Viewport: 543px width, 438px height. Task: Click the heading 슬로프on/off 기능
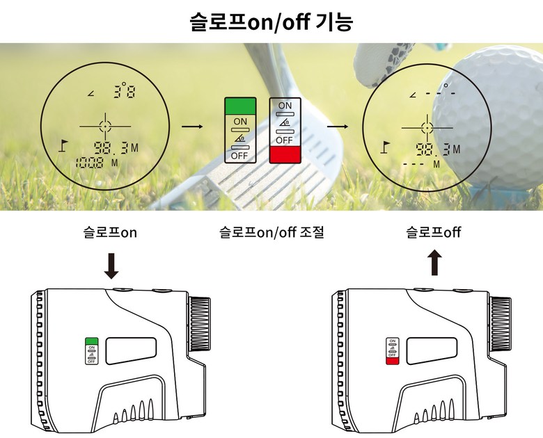(x=271, y=22)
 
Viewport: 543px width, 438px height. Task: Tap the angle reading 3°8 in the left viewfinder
(x=125, y=91)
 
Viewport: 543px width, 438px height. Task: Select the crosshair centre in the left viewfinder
(x=105, y=126)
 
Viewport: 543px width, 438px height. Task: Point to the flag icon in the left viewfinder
(x=64, y=145)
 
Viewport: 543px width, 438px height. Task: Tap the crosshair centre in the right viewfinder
(x=425, y=127)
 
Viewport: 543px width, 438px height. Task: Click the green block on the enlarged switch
(x=240, y=106)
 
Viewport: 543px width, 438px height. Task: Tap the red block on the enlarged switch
(x=285, y=153)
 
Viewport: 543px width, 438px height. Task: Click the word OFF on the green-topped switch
(x=240, y=155)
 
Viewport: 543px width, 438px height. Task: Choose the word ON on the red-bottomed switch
(x=285, y=105)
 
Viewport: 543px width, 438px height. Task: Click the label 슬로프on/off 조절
(x=271, y=232)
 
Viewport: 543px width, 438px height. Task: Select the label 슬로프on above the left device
(x=110, y=232)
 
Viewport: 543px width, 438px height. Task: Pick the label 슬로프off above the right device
(x=434, y=232)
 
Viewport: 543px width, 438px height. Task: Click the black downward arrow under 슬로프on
(x=111, y=266)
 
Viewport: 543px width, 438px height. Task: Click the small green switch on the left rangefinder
(x=91, y=341)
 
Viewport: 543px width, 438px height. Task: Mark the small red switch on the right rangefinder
(x=392, y=360)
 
